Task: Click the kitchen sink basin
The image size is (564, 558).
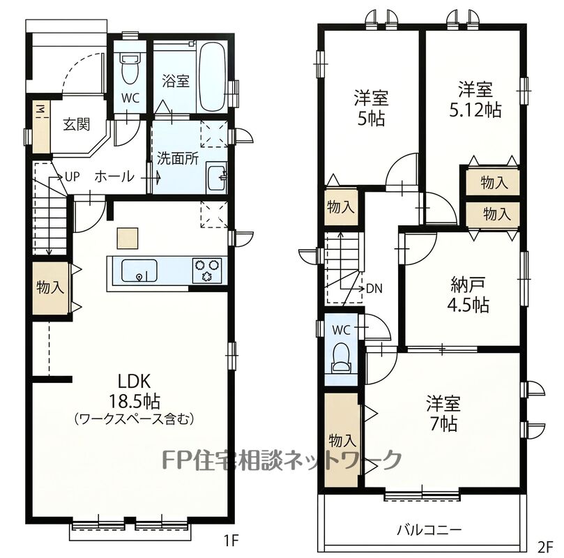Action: (x=139, y=270)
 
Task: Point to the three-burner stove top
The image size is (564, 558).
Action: (x=207, y=270)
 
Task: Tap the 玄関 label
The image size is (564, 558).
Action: (x=76, y=124)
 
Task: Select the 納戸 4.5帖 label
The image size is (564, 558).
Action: (x=468, y=294)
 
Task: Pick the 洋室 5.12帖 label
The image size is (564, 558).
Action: (x=475, y=100)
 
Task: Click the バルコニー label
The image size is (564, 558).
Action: (x=429, y=530)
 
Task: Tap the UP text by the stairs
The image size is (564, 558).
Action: (x=72, y=176)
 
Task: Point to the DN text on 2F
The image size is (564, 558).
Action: (x=374, y=289)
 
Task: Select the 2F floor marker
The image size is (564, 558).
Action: (x=545, y=547)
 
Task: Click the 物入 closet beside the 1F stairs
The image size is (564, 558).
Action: (x=50, y=288)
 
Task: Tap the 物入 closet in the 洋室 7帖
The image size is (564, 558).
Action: (x=342, y=440)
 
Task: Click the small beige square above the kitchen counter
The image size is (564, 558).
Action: (x=128, y=238)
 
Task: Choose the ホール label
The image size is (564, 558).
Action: (x=114, y=177)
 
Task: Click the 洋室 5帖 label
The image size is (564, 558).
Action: (x=371, y=107)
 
